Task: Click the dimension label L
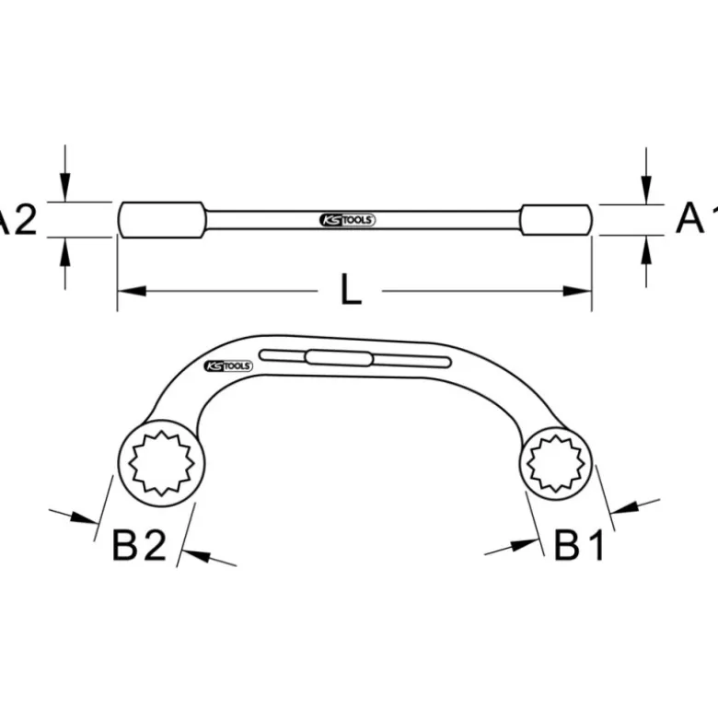(352, 289)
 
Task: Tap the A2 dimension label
(17, 220)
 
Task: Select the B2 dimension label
(139, 545)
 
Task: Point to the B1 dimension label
(579, 545)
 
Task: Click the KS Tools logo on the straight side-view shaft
(347, 220)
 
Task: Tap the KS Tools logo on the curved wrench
(228, 365)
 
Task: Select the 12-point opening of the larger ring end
(161, 463)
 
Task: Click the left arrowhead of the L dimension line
(132, 291)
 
